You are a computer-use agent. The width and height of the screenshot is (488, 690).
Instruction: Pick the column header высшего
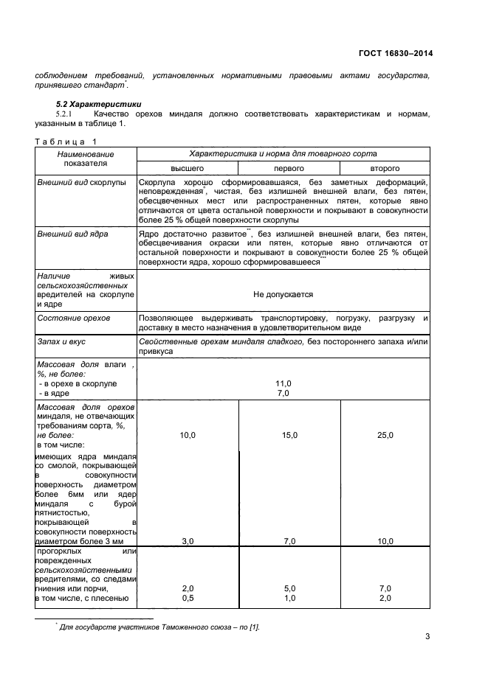188,168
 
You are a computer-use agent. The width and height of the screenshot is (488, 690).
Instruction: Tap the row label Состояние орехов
74,318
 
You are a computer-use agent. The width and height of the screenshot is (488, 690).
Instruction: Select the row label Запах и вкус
63,343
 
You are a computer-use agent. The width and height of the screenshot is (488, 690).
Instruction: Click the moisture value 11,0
283,383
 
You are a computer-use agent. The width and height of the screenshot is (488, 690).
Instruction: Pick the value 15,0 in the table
289,436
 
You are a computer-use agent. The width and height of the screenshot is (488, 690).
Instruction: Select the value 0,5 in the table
188,598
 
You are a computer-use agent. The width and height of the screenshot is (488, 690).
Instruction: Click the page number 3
427,637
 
